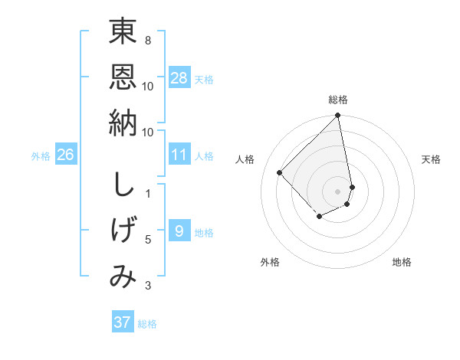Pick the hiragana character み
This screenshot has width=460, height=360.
click(x=123, y=277)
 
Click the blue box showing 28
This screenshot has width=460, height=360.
click(x=179, y=77)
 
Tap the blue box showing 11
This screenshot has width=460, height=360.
click(x=179, y=155)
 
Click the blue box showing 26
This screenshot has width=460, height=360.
click(x=66, y=155)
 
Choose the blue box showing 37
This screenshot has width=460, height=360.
click(x=123, y=322)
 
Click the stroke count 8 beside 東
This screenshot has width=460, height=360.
click(x=148, y=40)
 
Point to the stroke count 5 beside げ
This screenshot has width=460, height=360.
click(x=148, y=240)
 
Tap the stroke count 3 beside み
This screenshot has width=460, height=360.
click(x=148, y=286)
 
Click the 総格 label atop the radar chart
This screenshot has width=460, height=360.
click(x=338, y=100)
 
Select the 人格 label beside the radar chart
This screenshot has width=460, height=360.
click(x=245, y=159)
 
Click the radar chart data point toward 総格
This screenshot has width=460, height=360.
click(x=338, y=116)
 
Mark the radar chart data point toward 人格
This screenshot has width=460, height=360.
click(x=280, y=172)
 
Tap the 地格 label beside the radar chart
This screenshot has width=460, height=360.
click(x=402, y=262)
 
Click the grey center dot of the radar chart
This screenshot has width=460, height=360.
click(x=338, y=191)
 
